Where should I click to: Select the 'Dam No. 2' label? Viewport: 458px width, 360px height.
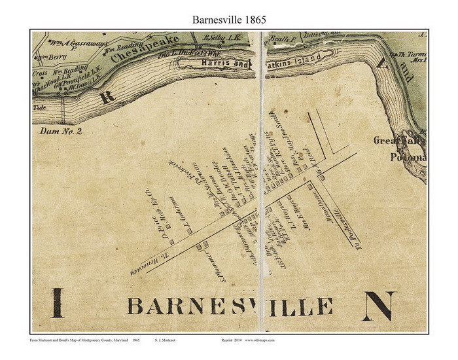[x=62, y=132]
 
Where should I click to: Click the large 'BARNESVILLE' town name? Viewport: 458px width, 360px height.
[x=230, y=306]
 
